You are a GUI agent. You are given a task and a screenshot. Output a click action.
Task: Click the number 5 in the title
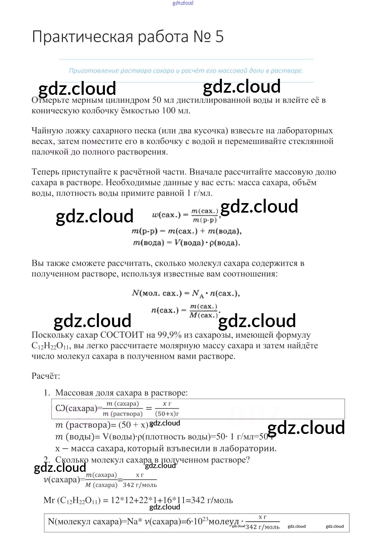pyautogui.click(x=219, y=37)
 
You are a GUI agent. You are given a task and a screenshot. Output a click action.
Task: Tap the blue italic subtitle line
pyautogui.click(x=186, y=71)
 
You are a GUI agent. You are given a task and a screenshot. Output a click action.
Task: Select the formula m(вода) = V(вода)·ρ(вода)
pyautogui.click(x=186, y=243)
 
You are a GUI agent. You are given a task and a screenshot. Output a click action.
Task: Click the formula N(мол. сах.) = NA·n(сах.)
pyautogui.click(x=186, y=294)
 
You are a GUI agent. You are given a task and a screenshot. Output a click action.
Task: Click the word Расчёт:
pyautogui.click(x=46, y=376)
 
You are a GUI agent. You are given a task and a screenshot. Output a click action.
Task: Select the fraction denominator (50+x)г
pyautogui.click(x=167, y=414)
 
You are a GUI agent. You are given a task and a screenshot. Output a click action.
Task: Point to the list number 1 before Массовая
pyautogui.click(x=47, y=393)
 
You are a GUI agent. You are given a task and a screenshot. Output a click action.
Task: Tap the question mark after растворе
pyautogui.click(x=247, y=460)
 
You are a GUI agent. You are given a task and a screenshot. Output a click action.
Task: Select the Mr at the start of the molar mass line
pyautogui.click(x=49, y=500)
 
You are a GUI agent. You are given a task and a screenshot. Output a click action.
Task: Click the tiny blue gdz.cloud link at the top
pyautogui.click(x=183, y=3)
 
